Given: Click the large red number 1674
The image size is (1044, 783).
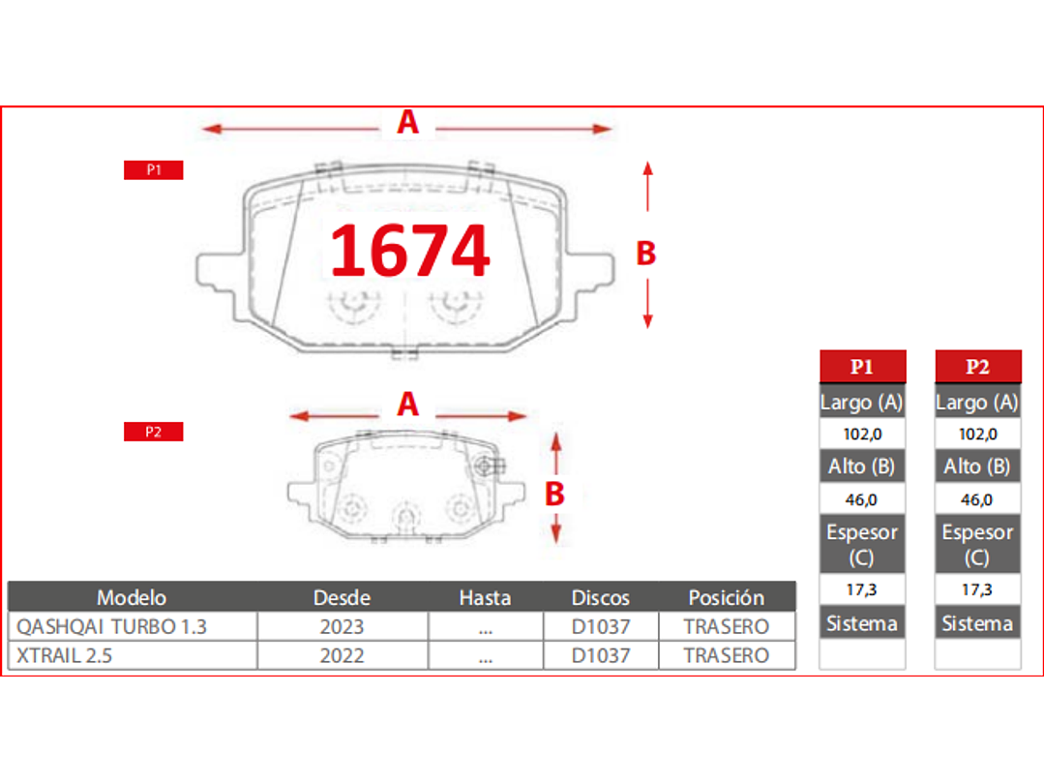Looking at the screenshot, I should (409, 251).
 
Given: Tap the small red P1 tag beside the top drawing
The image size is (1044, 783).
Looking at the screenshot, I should (153, 170).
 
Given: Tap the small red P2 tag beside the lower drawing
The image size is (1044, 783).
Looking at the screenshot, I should (153, 432).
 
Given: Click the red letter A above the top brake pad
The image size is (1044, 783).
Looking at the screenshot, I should (408, 123).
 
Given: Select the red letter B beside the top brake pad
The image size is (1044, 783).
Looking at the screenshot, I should (645, 254).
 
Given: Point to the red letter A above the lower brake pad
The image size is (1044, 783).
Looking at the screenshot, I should (408, 404).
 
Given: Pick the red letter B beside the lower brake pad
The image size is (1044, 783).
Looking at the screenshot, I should (554, 494).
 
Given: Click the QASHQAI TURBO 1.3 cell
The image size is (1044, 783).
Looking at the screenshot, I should (112, 626).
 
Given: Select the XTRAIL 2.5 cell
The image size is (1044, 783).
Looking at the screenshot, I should (65, 655).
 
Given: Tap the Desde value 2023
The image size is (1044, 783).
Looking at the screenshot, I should (342, 626).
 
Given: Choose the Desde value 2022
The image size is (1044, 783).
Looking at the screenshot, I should (342, 655).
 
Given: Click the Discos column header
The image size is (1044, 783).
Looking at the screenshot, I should (600, 597).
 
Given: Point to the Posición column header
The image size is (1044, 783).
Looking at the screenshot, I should (726, 597).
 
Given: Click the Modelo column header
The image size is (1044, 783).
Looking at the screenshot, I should (132, 597).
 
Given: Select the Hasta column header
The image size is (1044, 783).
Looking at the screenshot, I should (485, 597).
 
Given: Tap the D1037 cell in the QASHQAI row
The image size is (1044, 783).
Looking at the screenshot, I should (600, 626).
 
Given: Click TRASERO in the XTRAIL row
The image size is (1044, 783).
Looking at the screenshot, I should (726, 655).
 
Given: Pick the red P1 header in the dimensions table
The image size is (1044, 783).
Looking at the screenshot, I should (862, 367).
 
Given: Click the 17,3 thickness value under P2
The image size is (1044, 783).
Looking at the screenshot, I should (977, 588).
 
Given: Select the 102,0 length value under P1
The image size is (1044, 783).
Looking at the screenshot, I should (862, 434).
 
